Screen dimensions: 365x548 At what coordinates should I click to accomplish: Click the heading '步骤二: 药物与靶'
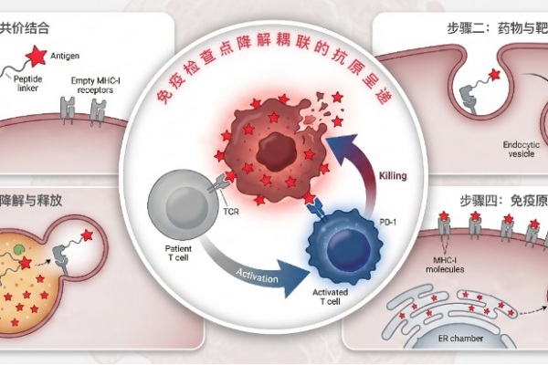coord(499,28)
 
